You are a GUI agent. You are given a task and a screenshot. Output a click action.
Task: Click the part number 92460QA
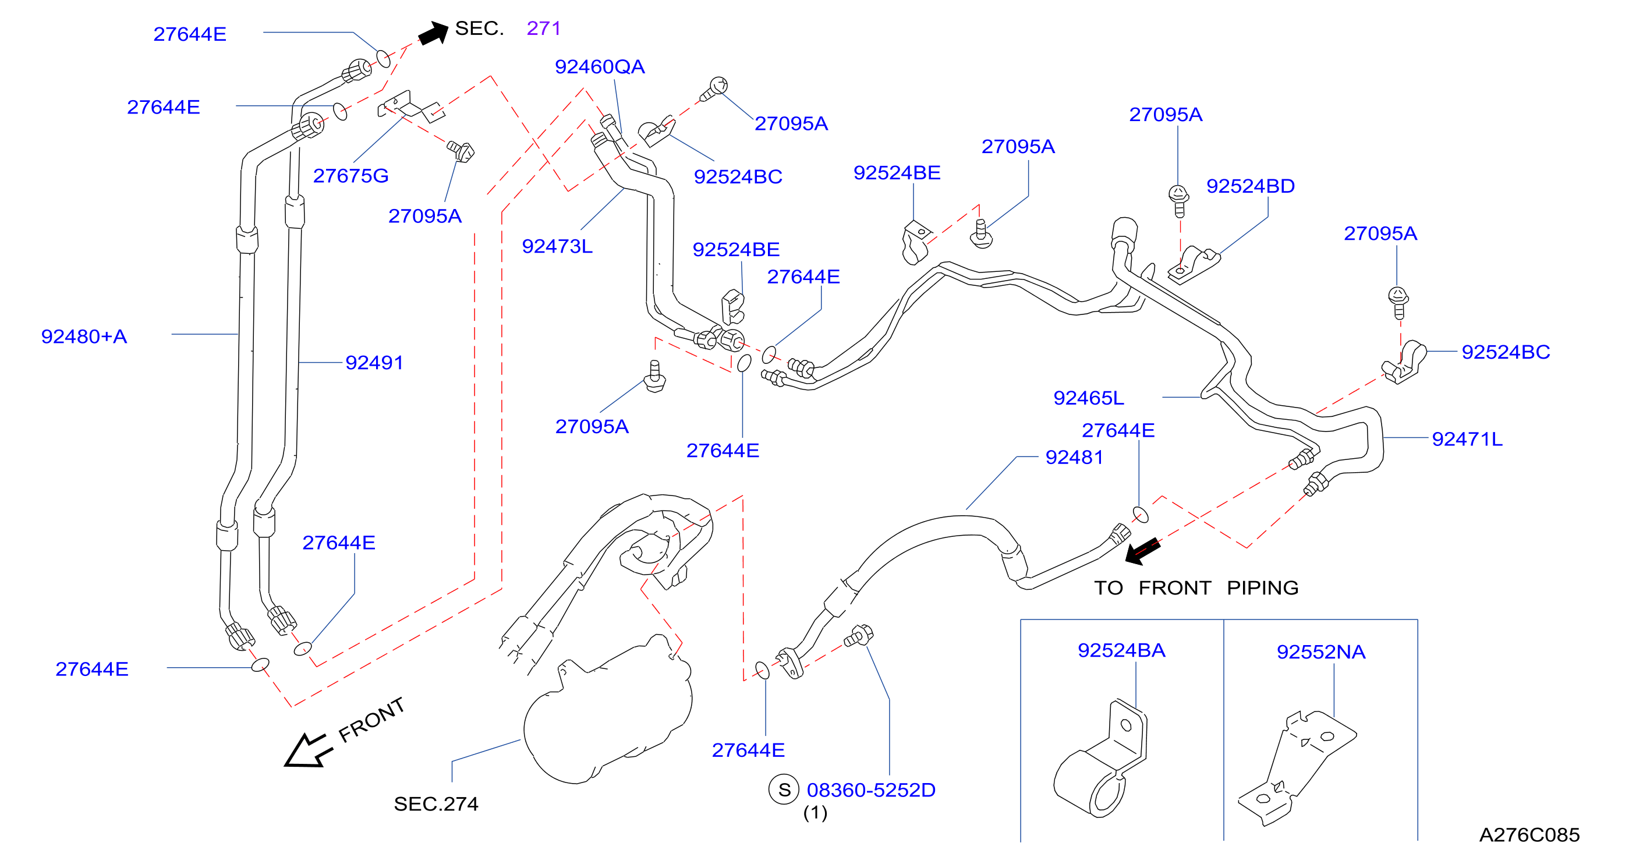600,67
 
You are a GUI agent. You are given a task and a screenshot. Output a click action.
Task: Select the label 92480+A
84,337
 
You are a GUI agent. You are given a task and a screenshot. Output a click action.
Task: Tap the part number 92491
374,363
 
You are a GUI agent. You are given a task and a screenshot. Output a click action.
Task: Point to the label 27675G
351,176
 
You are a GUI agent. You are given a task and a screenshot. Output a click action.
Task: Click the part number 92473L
557,246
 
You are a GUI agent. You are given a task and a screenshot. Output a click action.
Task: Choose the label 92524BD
1250,186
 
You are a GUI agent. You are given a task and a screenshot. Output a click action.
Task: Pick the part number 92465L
1089,398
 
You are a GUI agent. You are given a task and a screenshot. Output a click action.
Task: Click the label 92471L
1467,440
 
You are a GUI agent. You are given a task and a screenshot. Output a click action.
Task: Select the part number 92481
1074,457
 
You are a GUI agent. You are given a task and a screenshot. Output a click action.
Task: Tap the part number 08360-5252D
871,790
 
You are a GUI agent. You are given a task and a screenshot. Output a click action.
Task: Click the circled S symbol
784,790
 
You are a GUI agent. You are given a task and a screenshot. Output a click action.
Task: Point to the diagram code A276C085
1529,835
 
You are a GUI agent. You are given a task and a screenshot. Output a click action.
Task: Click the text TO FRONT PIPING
1196,588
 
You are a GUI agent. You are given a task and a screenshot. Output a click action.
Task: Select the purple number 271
543,28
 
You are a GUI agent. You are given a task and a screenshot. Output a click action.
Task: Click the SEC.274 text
435,804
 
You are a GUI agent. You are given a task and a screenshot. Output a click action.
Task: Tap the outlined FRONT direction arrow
307,750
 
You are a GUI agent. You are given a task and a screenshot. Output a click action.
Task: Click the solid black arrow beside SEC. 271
434,33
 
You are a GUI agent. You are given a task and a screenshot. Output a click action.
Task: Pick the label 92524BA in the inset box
1121,650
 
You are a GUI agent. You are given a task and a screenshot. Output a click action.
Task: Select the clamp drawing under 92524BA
1100,759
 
